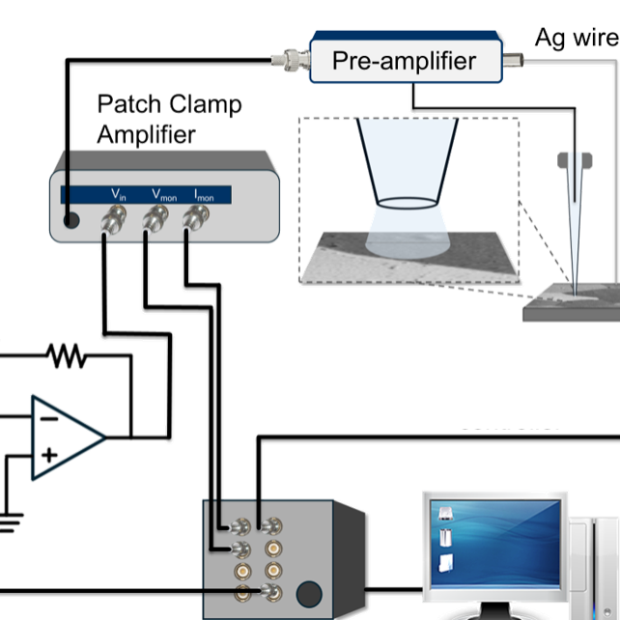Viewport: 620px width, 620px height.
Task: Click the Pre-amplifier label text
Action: point(404,61)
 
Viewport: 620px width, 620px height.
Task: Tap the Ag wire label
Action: point(577,38)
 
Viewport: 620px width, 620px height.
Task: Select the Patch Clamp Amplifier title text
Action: point(168,119)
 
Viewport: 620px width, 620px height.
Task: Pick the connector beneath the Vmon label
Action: point(152,225)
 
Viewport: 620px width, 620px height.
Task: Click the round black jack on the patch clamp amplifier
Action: point(71,221)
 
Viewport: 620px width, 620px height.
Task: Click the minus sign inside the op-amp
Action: point(48,417)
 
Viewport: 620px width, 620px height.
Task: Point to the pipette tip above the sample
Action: point(578,280)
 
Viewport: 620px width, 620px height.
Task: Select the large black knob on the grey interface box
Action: point(309,592)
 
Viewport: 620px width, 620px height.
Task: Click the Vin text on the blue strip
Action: point(118,195)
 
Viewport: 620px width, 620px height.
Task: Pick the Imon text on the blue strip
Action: point(204,195)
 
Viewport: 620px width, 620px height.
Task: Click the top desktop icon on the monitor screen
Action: point(444,514)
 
